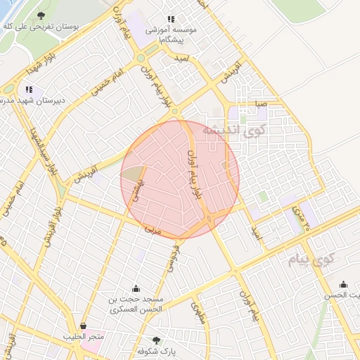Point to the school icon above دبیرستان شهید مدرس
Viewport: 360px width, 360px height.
[29, 89]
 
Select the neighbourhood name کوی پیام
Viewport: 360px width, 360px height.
[309, 262]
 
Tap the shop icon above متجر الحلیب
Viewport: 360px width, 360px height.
[84, 326]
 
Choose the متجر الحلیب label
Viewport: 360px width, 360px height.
[84, 337]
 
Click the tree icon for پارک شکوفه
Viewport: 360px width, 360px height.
[156, 340]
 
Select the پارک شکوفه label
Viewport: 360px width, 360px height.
[156, 351]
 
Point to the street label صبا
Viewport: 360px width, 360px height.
[261, 103]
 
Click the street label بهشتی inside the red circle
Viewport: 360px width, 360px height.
[137, 188]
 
